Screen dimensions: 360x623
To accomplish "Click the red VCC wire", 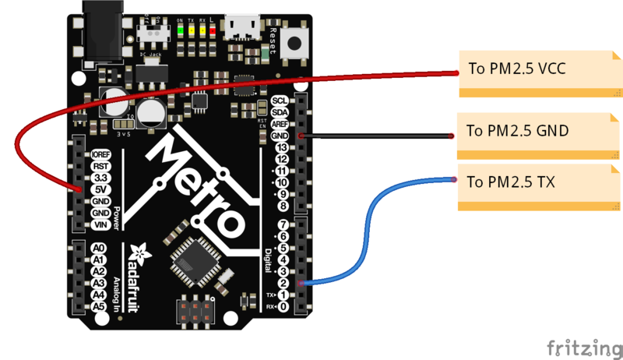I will click(x=234, y=79).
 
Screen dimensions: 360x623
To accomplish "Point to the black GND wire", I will click(x=374, y=136).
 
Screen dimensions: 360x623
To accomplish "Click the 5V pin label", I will click(x=99, y=189).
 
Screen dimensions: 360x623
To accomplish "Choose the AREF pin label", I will click(x=280, y=125).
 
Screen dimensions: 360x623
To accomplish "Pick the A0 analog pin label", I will click(x=99, y=248).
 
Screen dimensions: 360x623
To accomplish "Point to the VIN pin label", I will click(x=99, y=224).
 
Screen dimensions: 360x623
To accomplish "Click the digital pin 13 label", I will click(x=281, y=147).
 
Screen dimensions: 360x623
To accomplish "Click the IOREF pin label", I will click(x=99, y=154).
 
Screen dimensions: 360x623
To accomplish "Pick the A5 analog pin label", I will click(x=99, y=307).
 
